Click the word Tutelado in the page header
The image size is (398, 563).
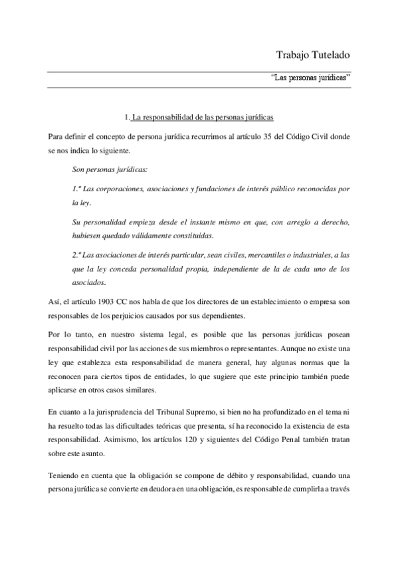tap(328, 53)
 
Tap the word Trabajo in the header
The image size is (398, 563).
tap(290, 53)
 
